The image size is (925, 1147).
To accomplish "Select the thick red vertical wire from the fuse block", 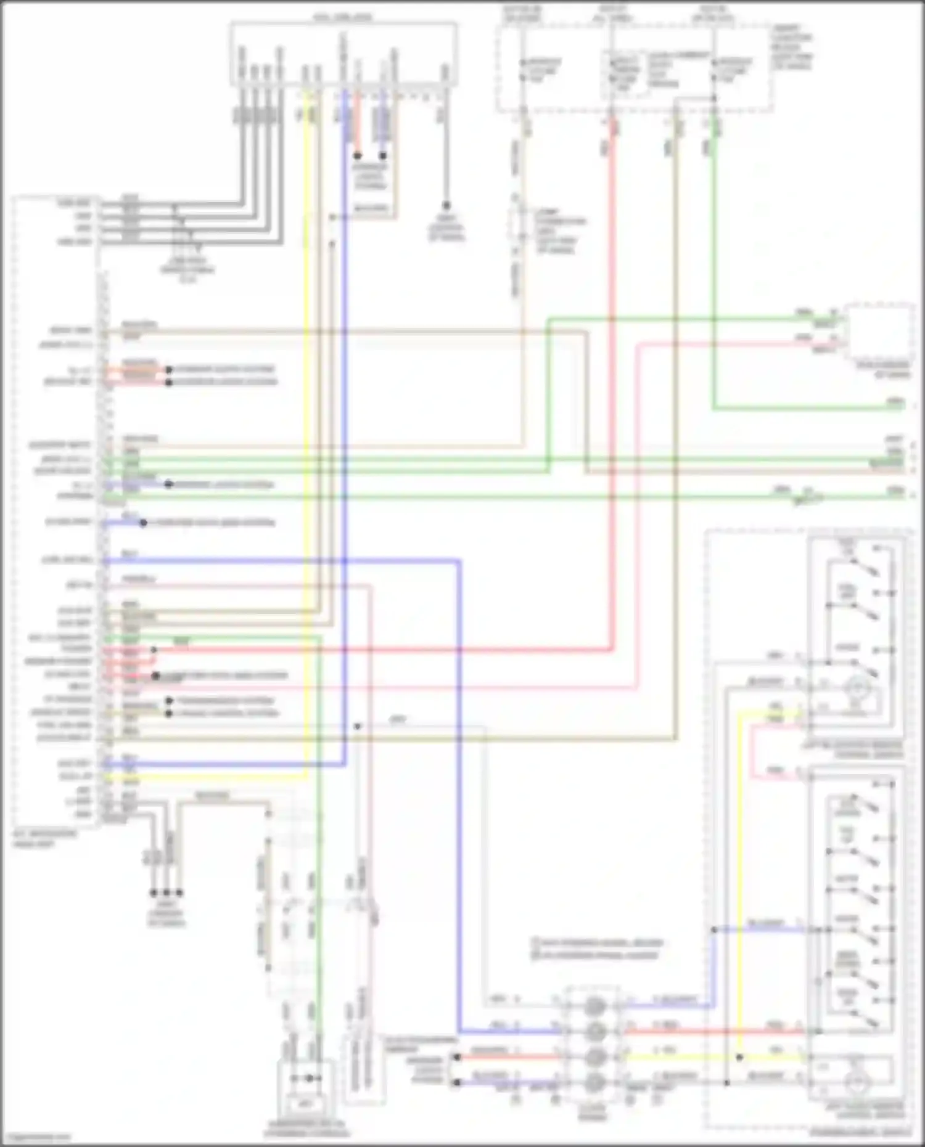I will [x=612, y=370].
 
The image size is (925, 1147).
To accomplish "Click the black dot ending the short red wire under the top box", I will [x=357, y=156].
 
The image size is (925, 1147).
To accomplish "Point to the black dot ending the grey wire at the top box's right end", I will [x=445, y=206].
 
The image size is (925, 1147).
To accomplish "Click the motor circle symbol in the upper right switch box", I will [x=857, y=686].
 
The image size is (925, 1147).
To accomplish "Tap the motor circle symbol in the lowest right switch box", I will [x=857, y=1082].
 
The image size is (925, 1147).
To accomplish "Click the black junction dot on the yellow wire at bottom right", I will [x=739, y=1057].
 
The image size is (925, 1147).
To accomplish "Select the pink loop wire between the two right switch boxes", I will [x=752, y=749].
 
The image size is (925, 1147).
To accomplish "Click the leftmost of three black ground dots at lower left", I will [x=154, y=892].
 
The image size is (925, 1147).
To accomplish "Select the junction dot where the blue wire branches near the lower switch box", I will [x=713, y=929].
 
